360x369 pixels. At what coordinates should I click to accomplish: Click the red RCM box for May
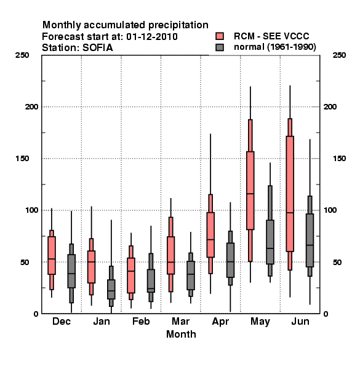250,191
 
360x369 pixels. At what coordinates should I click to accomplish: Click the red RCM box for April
210,235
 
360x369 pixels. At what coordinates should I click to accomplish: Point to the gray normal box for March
191,276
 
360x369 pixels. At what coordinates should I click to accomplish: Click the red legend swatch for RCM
220,36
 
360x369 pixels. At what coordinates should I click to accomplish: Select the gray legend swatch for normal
220,47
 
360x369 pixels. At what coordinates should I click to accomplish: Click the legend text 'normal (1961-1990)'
274,47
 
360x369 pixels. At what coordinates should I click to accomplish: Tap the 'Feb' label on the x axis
141,321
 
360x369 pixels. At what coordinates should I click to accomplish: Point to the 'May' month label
260,322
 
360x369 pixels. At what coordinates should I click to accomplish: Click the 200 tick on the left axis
31,106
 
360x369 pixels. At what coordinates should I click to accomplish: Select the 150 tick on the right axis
339,159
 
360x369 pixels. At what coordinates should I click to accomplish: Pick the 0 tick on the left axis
36,314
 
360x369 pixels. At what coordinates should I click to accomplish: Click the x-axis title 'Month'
181,334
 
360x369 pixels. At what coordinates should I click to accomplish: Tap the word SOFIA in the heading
98,48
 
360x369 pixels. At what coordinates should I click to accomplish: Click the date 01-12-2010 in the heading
152,36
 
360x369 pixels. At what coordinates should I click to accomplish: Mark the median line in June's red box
290,213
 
